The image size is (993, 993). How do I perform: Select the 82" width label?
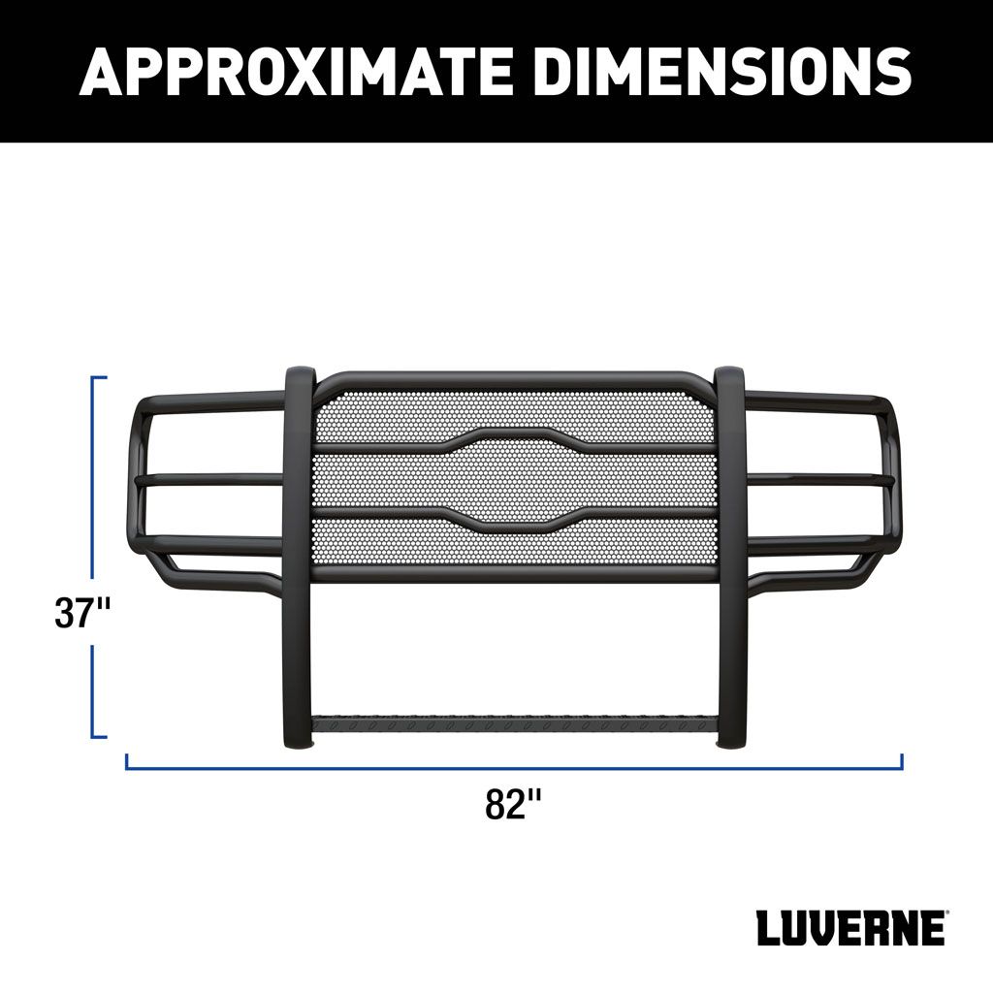click(x=513, y=804)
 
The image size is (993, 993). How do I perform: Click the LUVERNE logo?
click(x=849, y=928)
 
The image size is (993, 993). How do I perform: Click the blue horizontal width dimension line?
click(x=514, y=767)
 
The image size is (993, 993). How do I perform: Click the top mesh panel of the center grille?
click(x=514, y=407)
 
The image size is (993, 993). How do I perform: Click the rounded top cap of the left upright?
click(x=299, y=375)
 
